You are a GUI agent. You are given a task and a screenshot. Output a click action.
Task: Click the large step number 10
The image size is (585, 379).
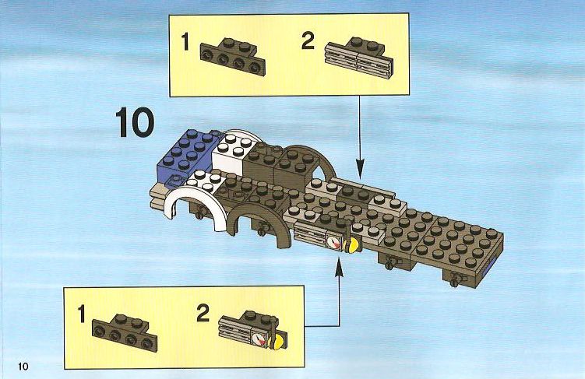(x=135, y=122)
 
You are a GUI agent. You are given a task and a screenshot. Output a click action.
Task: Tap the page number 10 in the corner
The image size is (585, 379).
(x=23, y=367)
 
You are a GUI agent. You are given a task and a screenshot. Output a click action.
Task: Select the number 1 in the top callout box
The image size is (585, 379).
(x=185, y=42)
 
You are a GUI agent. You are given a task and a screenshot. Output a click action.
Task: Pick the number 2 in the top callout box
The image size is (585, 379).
(x=308, y=41)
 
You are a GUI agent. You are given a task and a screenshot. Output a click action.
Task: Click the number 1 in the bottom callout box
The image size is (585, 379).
(x=82, y=314)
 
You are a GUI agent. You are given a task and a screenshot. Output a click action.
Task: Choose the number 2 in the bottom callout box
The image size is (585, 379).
(x=203, y=313)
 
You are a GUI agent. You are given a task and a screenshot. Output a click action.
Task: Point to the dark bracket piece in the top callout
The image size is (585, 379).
(x=233, y=57)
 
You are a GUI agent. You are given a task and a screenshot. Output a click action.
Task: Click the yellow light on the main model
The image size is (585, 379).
(x=352, y=245)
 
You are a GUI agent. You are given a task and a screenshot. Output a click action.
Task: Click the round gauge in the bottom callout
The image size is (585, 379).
(x=257, y=339)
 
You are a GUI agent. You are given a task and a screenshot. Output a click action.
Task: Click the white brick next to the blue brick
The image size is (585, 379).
(x=234, y=152)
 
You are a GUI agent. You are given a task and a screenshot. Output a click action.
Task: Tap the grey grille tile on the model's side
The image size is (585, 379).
(x=310, y=234)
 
